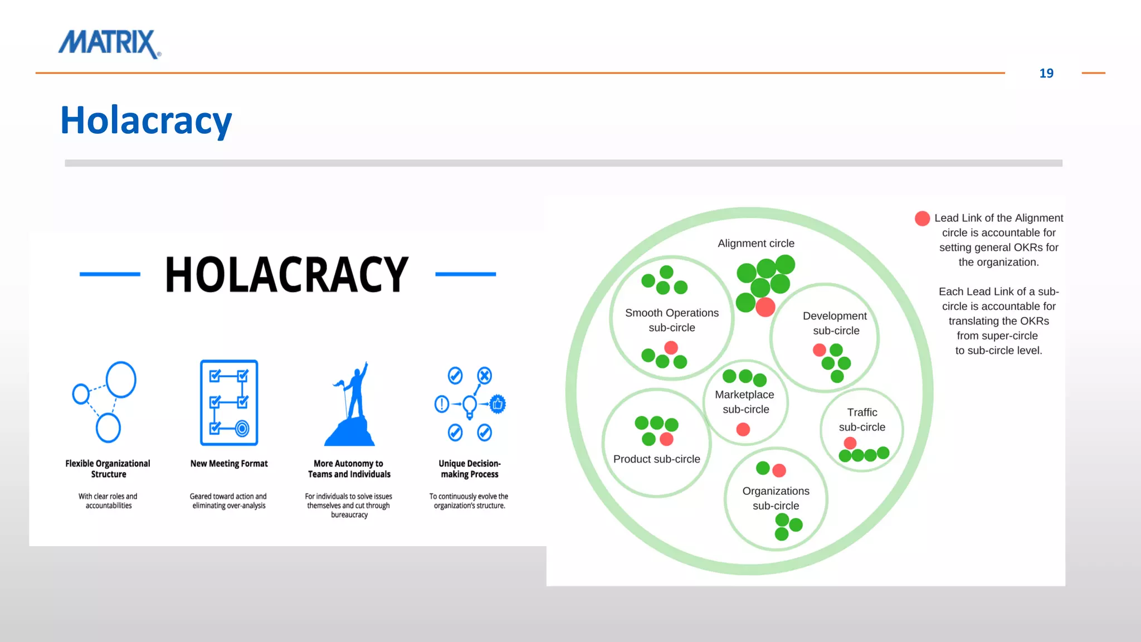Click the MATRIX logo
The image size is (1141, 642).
click(x=109, y=43)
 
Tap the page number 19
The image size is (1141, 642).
click(x=1046, y=74)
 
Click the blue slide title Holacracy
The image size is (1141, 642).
click(x=146, y=120)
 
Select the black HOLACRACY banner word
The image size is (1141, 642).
click(x=287, y=274)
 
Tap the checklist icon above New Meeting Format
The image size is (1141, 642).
click(x=229, y=402)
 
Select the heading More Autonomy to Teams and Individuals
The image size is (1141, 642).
click(x=349, y=469)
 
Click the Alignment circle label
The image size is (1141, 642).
click(x=755, y=244)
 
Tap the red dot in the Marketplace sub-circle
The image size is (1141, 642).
click(x=743, y=429)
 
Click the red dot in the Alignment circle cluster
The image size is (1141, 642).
click(x=765, y=307)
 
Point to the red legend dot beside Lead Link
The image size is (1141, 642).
click(x=922, y=218)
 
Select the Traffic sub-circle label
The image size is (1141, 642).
click(x=862, y=420)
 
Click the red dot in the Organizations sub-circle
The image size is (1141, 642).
click(x=779, y=470)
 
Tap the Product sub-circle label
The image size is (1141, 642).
click(x=656, y=459)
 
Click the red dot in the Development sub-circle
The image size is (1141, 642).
click(x=819, y=350)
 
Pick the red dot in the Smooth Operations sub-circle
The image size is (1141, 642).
click(x=671, y=348)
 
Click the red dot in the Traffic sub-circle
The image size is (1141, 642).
click(x=850, y=443)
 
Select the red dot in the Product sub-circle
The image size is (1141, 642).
click(x=666, y=439)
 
